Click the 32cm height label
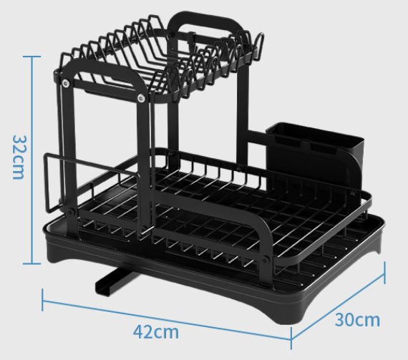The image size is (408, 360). point(17,157)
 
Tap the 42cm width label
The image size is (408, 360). point(156,332)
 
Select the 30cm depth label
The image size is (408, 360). point(358,319)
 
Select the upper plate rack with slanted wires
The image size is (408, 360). point(157,57)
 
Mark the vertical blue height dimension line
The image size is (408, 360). point(31,157)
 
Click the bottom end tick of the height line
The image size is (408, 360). point(31,263)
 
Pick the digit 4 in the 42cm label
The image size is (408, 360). point(139,331)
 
